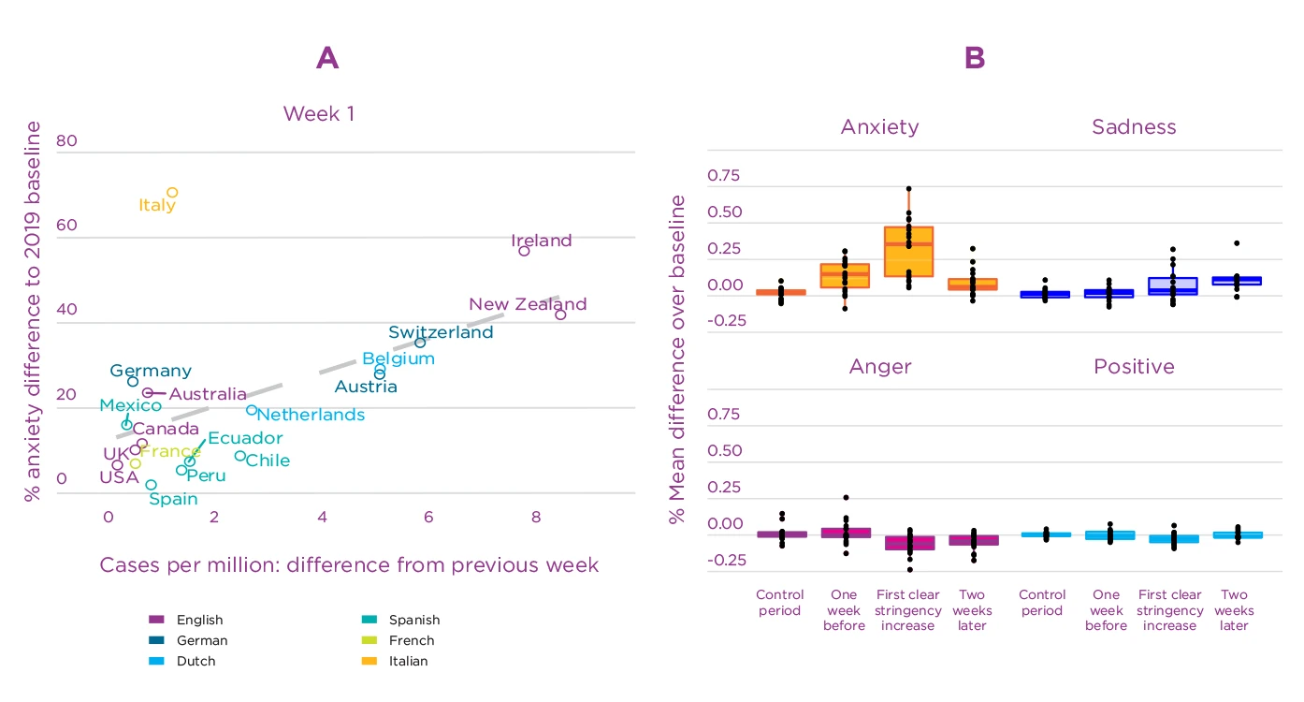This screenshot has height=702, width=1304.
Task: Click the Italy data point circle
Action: (172, 193)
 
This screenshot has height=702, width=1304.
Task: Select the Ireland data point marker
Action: (525, 251)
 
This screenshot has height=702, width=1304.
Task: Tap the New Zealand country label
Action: (528, 304)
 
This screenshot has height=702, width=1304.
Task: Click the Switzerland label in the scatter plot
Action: (441, 332)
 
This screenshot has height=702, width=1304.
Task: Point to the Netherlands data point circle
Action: (252, 410)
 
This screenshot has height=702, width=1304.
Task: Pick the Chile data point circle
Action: (240, 457)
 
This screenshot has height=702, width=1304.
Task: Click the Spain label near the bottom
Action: (173, 499)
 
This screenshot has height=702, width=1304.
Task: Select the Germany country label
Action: (151, 371)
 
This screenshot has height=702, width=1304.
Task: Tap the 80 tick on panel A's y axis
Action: (66, 142)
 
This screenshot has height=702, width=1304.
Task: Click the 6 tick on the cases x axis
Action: (429, 517)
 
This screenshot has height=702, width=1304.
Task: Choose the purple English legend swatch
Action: (156, 620)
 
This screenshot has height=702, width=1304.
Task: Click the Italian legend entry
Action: (408, 661)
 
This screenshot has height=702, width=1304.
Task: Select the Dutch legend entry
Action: (195, 661)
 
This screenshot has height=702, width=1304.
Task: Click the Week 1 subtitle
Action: (319, 114)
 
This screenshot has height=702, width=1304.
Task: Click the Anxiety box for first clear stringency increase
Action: (908, 251)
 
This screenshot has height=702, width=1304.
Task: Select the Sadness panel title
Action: (1134, 126)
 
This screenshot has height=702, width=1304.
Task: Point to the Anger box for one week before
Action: (845, 533)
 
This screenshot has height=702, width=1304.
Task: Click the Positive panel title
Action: (1134, 366)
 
